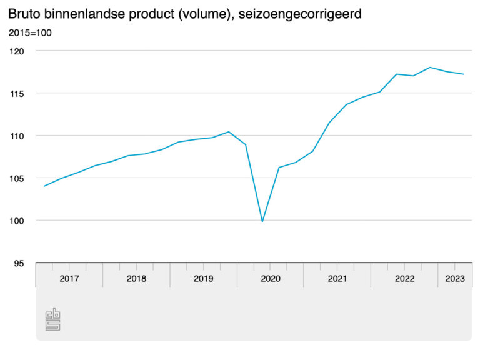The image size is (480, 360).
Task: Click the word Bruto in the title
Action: coord(24,13)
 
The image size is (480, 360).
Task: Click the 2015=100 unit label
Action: coord(30,32)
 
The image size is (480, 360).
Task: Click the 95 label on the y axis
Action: coord(19,263)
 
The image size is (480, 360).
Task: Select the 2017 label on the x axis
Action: coord(69,279)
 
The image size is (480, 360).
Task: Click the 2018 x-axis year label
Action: coord(136,279)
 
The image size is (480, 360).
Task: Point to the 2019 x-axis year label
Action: coord(203,279)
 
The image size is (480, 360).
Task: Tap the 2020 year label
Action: coord(271,279)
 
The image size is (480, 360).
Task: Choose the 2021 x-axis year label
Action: coord(337,279)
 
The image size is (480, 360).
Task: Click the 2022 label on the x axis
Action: coord(404,279)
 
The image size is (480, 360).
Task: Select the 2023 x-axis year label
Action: coord(455,279)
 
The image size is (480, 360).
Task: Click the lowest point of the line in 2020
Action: coord(262,221)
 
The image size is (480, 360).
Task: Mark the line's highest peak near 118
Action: coord(430,67)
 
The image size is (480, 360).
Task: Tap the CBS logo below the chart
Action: coord(52,319)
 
